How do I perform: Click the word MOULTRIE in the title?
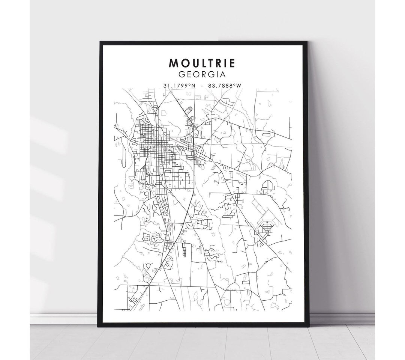click(202, 63)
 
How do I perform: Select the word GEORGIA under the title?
click(202, 74)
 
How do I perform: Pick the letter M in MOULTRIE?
click(174, 63)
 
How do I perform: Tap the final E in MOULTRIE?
click(231, 63)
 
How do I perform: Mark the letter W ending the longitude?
click(238, 86)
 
